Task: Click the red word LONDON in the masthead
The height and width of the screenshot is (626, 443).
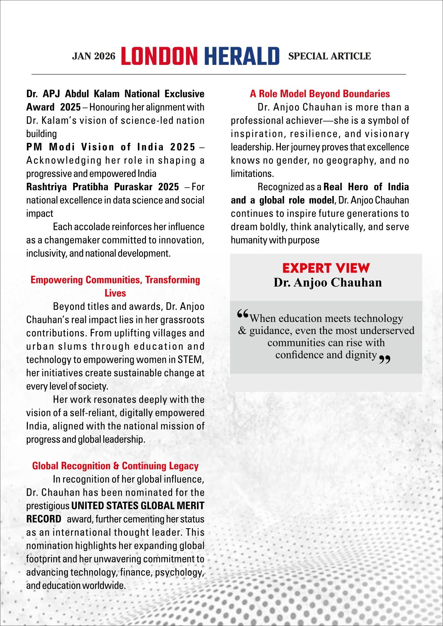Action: (x=159, y=56)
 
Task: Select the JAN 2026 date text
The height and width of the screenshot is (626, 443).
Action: (x=94, y=56)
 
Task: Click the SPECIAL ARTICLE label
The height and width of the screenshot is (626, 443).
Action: (x=329, y=56)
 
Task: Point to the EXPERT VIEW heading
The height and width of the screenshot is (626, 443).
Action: (x=326, y=268)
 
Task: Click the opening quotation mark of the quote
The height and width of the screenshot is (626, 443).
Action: (x=242, y=314)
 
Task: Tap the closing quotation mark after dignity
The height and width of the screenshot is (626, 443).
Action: (x=384, y=359)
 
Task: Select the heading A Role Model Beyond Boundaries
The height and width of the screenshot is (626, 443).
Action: (x=320, y=94)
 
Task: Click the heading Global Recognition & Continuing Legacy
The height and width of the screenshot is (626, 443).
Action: (x=115, y=466)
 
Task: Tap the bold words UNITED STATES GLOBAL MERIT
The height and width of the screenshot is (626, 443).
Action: (x=138, y=506)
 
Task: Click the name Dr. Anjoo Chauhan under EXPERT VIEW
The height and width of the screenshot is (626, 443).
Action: (x=328, y=282)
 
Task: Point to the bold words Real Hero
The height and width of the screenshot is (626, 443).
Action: (x=346, y=187)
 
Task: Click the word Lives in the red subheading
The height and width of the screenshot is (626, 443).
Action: (x=115, y=293)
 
